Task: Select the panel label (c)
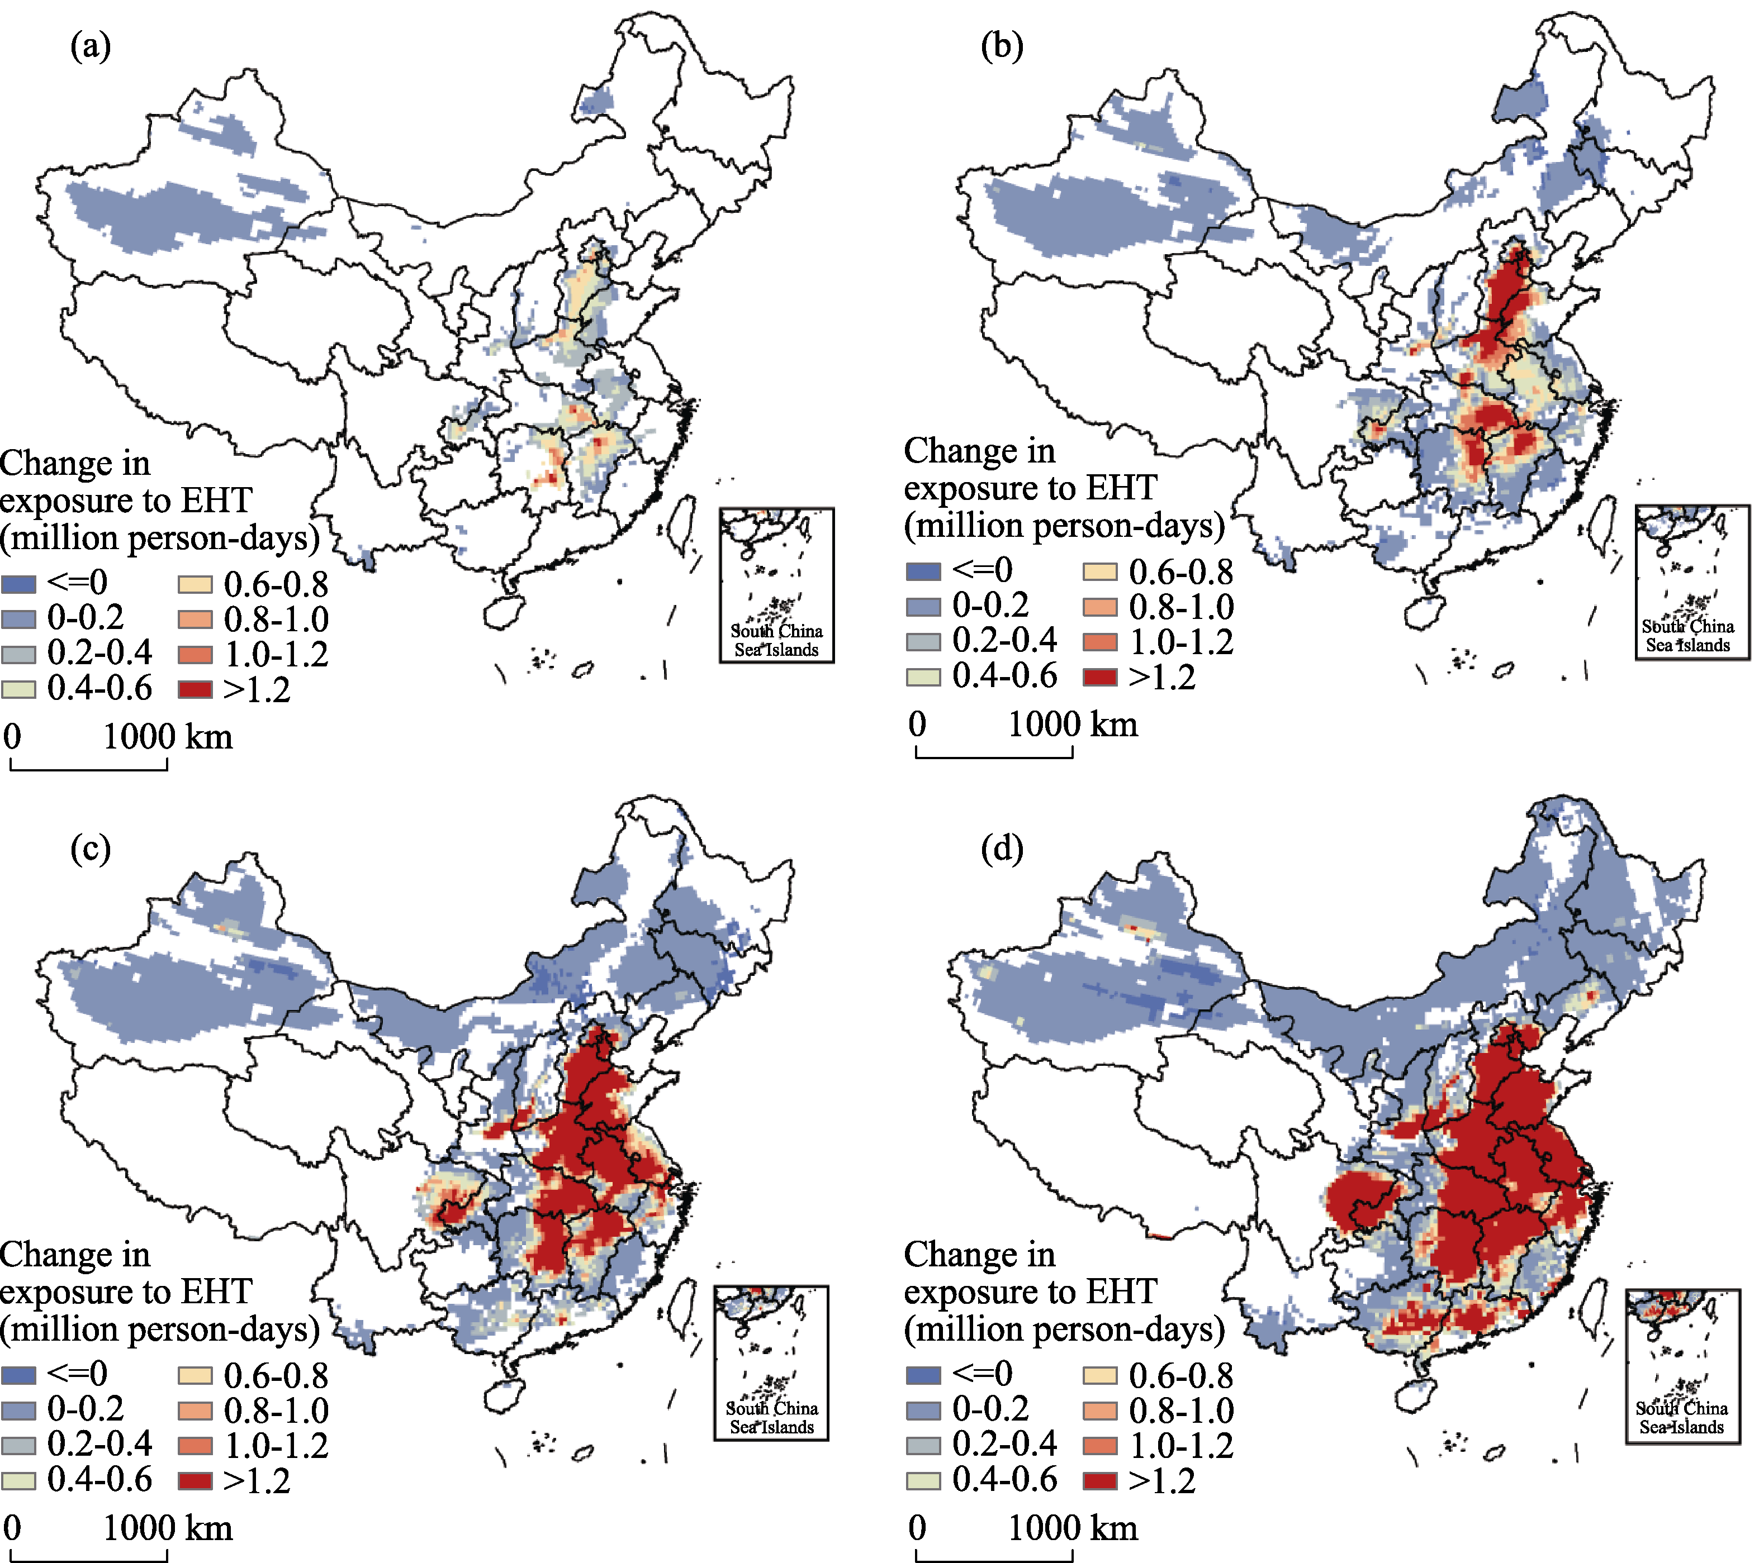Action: point(91,849)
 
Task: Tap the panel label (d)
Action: point(1002,849)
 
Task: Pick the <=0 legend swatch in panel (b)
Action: point(923,571)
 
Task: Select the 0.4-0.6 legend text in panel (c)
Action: point(99,1480)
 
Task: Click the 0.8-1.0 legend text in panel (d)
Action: point(1180,1410)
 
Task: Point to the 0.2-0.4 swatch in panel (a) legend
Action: point(18,654)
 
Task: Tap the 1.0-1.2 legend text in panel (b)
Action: point(1180,642)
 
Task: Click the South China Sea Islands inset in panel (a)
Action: point(776,585)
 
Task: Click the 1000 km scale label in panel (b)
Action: point(1072,725)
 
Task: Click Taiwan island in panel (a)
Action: point(682,523)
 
